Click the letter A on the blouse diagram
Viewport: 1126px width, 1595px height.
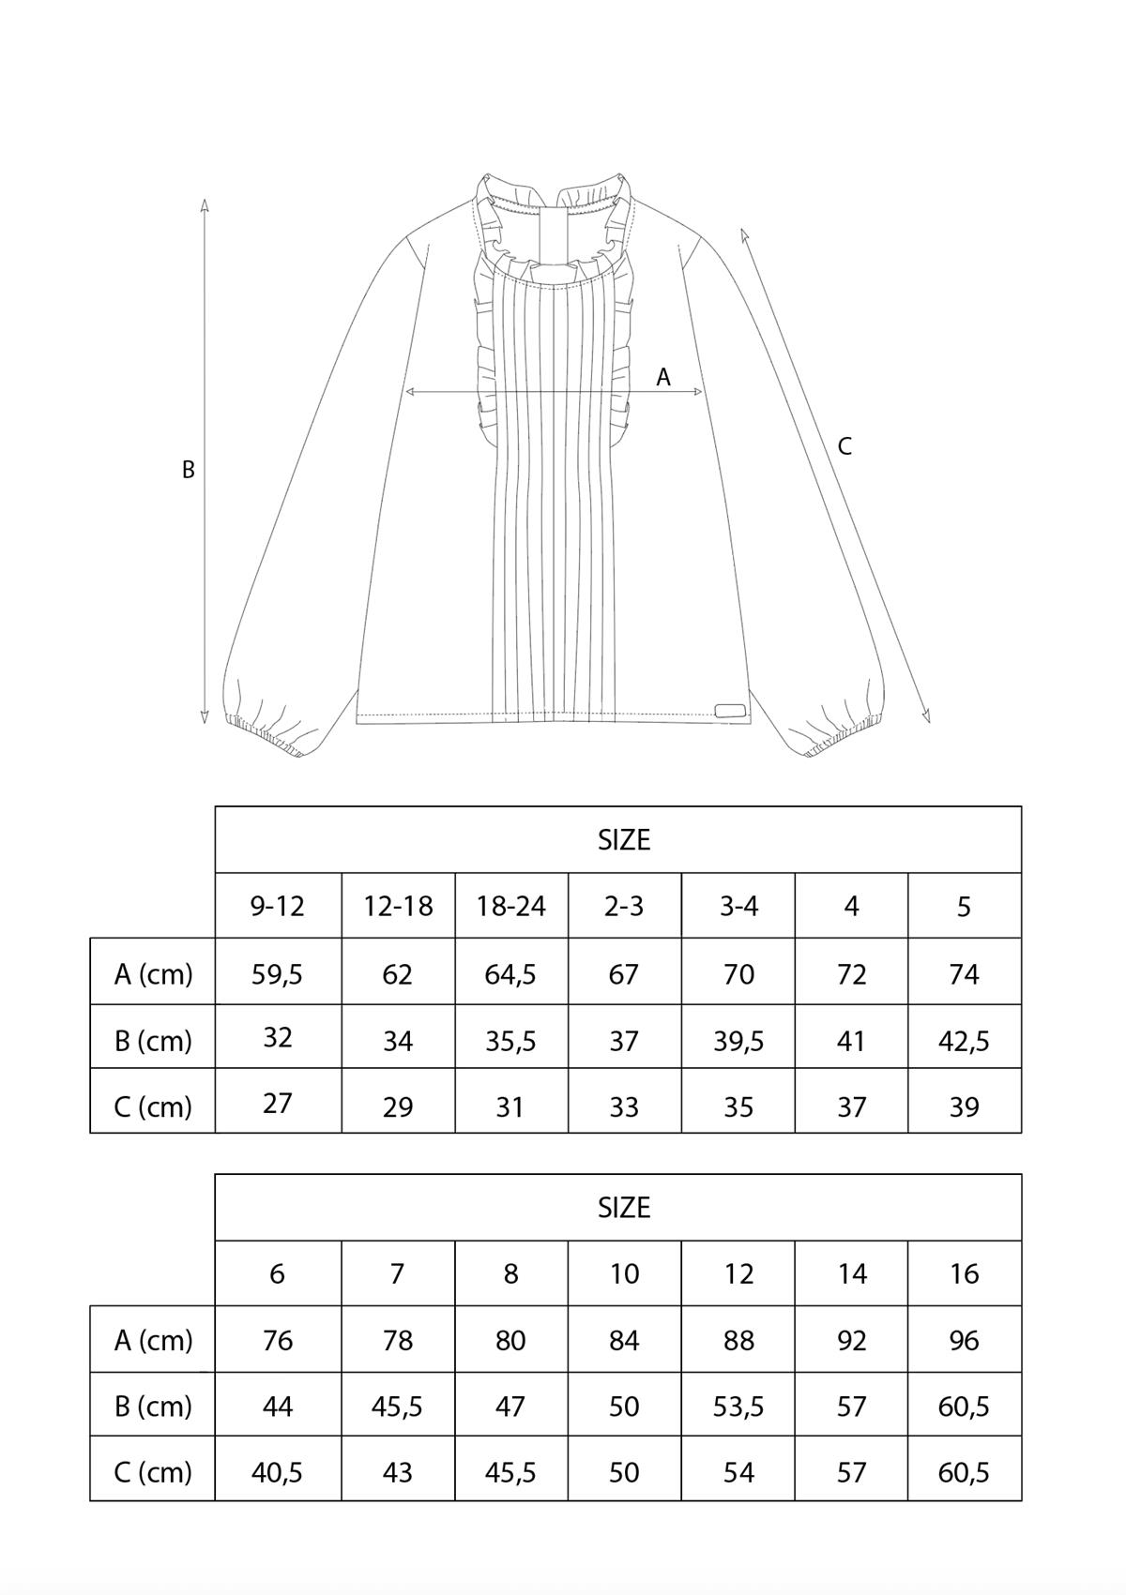pos(663,377)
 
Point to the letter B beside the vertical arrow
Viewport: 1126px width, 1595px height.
pos(189,470)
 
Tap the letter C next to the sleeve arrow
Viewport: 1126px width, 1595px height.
pos(844,446)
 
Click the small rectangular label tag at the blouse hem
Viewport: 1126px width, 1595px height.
pos(730,709)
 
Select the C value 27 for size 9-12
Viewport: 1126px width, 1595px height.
pos(277,1104)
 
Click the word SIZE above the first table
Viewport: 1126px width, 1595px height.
pos(624,840)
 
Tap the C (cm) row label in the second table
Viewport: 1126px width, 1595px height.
pos(153,1472)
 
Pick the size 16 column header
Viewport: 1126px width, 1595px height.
pos(965,1274)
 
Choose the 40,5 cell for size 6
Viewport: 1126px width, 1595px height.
pos(277,1472)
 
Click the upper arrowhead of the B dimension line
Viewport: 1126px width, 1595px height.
pos(205,205)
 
